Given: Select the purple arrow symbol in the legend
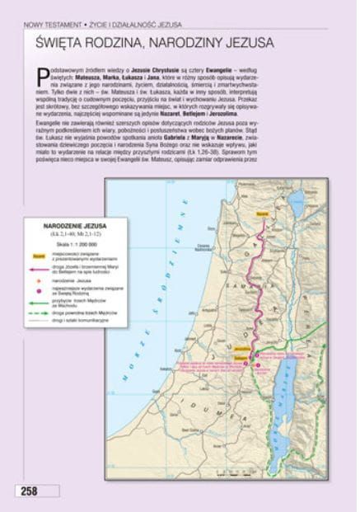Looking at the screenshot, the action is point(38,270).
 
